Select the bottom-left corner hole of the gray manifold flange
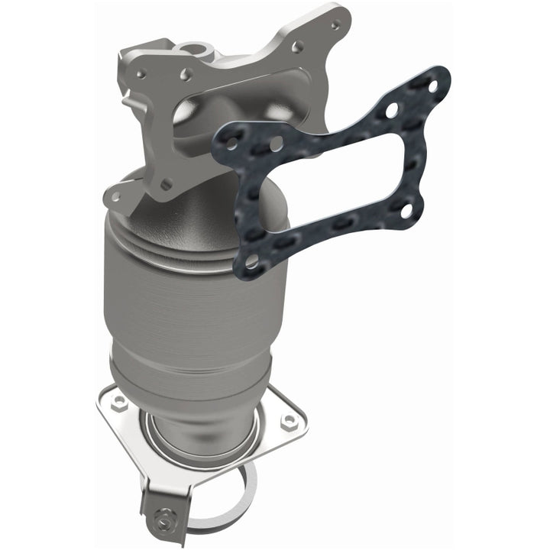point(115,196)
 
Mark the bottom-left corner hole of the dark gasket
point(252,262)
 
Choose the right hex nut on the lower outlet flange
point(289,421)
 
